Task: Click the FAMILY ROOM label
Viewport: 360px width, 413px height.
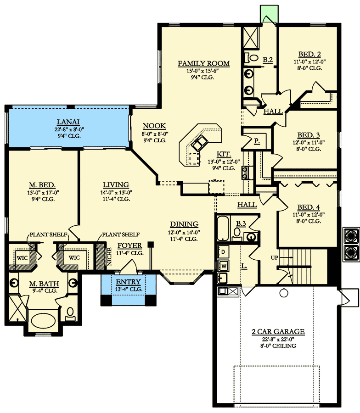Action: pyautogui.click(x=203, y=63)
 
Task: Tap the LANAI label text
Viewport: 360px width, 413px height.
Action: pyautogui.click(x=68, y=122)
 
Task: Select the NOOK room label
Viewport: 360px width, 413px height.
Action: pyautogui.click(x=154, y=126)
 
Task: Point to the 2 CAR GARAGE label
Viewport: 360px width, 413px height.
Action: pyautogui.click(x=278, y=331)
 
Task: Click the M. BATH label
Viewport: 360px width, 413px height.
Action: pyautogui.click(x=44, y=284)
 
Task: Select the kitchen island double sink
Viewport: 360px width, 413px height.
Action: pyautogui.click(x=200, y=143)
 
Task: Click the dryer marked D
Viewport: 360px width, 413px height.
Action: pyautogui.click(x=223, y=252)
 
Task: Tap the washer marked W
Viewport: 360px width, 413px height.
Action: pyautogui.click(x=223, y=266)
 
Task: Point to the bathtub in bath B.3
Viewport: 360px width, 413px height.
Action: pyautogui.click(x=223, y=228)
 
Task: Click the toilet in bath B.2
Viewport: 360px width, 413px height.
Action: pyautogui.click(x=252, y=58)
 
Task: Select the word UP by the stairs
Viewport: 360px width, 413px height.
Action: pyautogui.click(x=274, y=257)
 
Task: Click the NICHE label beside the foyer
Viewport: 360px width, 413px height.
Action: pyautogui.click(x=110, y=257)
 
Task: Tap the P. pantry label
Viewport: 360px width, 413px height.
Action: pyautogui.click(x=257, y=141)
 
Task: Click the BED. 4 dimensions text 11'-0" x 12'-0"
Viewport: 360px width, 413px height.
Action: pyautogui.click(x=309, y=215)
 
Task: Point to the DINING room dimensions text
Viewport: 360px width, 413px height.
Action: pyautogui.click(x=184, y=233)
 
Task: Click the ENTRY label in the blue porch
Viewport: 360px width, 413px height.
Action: pyautogui.click(x=129, y=282)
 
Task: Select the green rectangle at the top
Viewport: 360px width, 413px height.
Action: pyautogui.click(x=269, y=14)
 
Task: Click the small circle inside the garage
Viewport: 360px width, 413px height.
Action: pyautogui.click(x=284, y=293)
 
